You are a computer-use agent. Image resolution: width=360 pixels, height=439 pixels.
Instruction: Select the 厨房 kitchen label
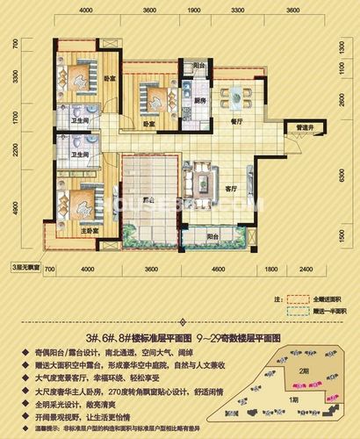click(x=200, y=100)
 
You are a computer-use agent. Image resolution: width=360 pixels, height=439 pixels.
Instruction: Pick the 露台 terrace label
click(x=148, y=200)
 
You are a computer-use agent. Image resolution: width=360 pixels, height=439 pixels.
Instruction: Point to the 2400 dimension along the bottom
click(x=305, y=269)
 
